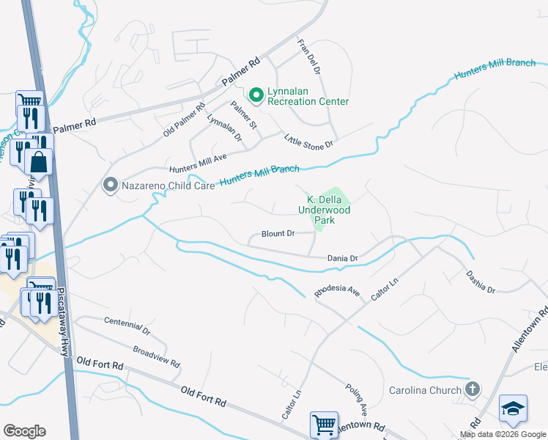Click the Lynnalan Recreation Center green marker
pos(256,95)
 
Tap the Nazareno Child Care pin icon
pos(111,186)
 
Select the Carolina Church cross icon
pos(473,389)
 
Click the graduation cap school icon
pos(513,408)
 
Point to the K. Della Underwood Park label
pos(324,209)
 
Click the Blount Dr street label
pos(278,235)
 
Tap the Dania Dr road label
pos(342,258)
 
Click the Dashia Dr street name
pos(481,282)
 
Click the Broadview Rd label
pos(156,356)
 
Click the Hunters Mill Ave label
pos(198,161)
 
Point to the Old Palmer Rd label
pos(184,120)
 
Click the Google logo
pos(24,431)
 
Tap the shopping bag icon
pos(40,162)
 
